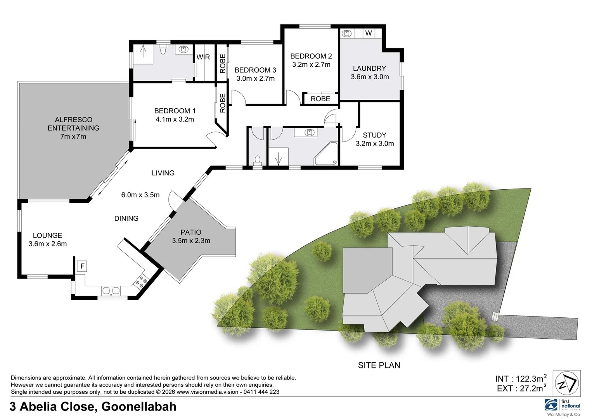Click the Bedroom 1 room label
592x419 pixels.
(175, 111)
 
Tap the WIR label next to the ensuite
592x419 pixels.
(203, 57)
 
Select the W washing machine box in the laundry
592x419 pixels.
(368, 33)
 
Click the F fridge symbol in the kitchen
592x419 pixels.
(82, 267)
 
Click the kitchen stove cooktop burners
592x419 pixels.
(141, 281)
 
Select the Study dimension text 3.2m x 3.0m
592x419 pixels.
(374, 144)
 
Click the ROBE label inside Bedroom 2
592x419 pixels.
(320, 99)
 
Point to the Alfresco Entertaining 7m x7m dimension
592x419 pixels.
(73, 137)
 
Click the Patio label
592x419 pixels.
(190, 232)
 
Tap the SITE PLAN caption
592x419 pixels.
(379, 365)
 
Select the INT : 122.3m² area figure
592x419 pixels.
(521, 379)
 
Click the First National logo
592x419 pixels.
(563, 407)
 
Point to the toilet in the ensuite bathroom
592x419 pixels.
(163, 50)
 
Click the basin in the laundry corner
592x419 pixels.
(346, 34)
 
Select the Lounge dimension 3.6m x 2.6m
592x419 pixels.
(47, 244)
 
